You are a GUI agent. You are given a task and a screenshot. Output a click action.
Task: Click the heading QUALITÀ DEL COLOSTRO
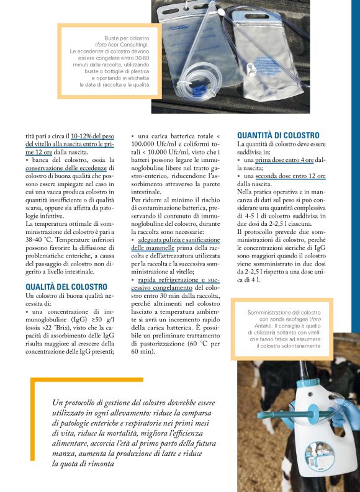coord(66,287)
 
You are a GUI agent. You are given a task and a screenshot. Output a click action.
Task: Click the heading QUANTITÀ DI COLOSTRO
coord(278,135)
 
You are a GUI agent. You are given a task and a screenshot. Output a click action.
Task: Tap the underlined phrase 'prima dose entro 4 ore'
coord(285,159)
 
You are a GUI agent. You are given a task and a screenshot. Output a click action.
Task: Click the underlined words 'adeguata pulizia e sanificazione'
coord(179,239)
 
